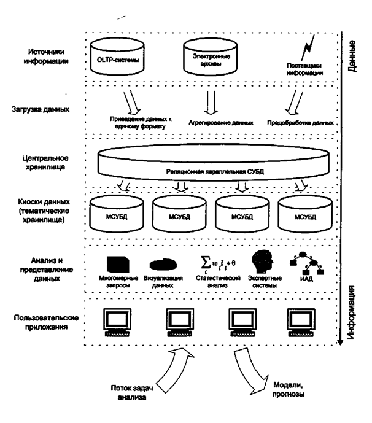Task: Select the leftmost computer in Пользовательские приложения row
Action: pos(114,322)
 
